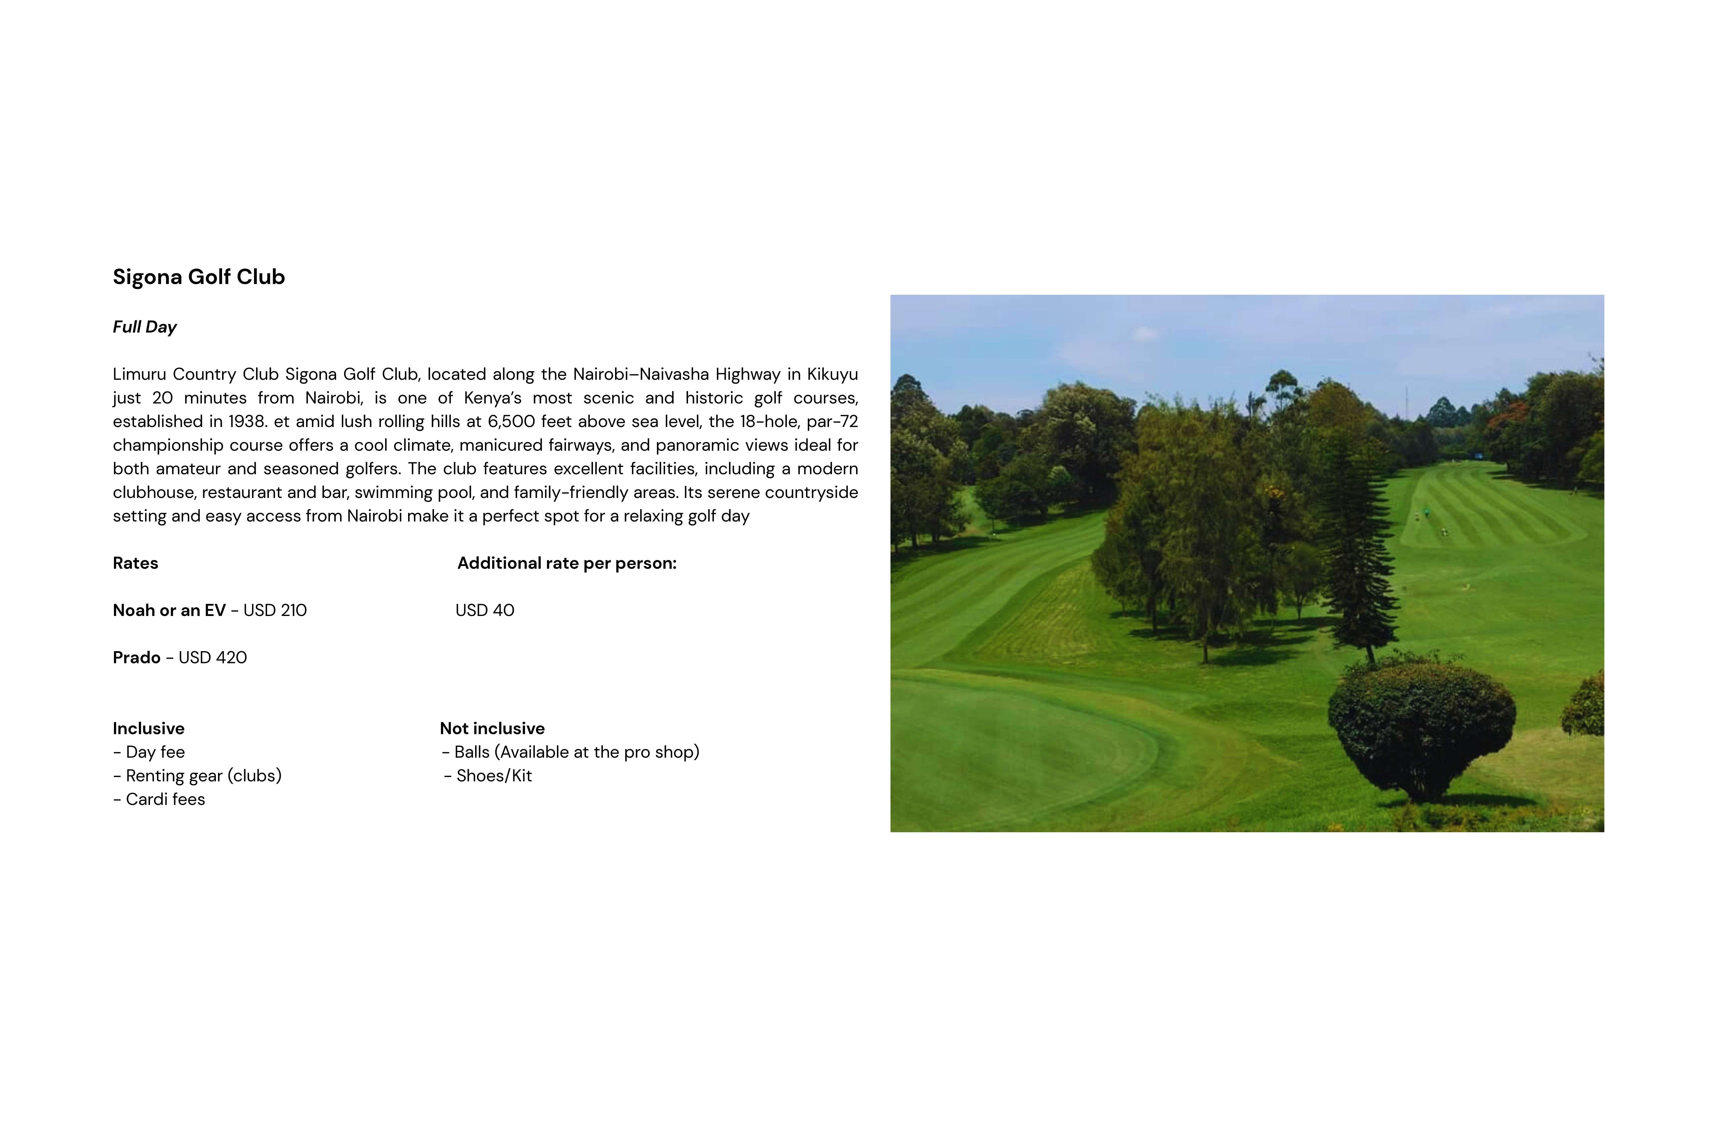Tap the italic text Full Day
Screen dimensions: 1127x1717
(x=144, y=327)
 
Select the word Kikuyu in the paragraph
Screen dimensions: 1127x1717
(x=832, y=374)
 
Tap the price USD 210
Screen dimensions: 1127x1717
(x=275, y=610)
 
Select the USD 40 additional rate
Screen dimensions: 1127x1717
(x=485, y=610)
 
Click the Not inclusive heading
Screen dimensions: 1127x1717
(x=492, y=729)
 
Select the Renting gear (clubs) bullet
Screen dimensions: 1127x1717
(x=203, y=776)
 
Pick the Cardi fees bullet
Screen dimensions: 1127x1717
(x=165, y=799)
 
